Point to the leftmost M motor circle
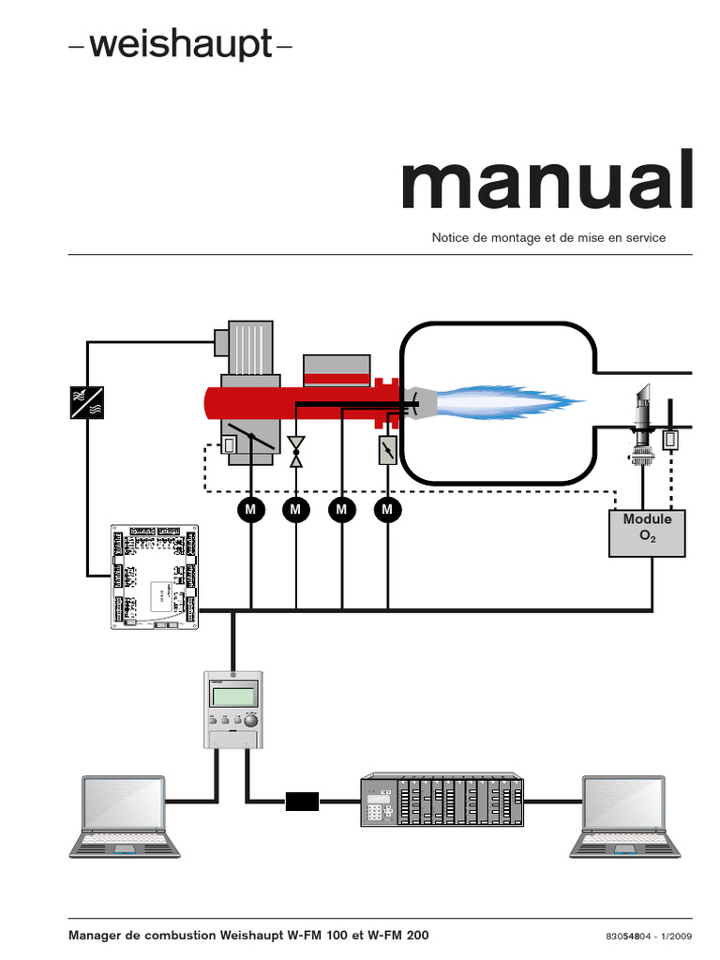point(250,509)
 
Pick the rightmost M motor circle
point(386,509)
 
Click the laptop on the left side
point(126,815)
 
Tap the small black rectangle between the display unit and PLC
point(302,801)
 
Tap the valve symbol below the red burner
point(296,450)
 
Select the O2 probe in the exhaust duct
point(642,422)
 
